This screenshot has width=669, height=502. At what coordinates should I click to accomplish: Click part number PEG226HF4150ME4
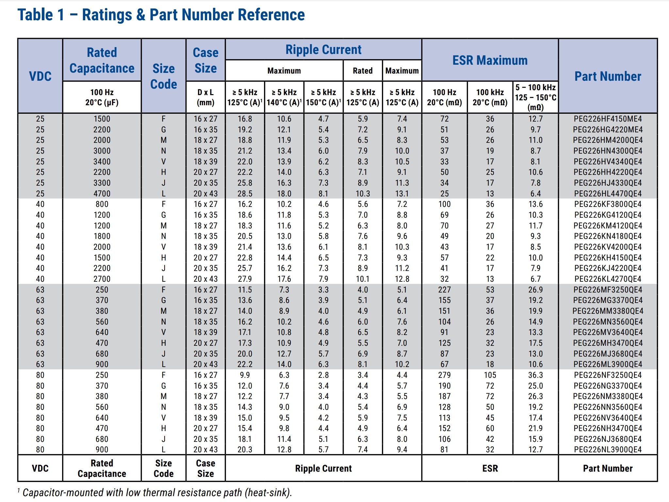click(x=608, y=119)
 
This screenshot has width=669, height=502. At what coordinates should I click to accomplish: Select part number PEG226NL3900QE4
click(x=608, y=450)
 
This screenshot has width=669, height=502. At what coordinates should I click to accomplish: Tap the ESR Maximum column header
click(x=490, y=60)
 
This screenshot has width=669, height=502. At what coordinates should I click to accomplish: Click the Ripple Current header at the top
click(x=323, y=50)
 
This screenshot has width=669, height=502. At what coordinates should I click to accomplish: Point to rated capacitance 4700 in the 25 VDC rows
click(x=102, y=194)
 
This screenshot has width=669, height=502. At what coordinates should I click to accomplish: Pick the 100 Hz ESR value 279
click(x=444, y=375)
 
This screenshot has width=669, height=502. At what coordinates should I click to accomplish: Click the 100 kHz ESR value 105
click(x=490, y=375)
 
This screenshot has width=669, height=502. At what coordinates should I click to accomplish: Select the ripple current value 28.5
click(x=245, y=194)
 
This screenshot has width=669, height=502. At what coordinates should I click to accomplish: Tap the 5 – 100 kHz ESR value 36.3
click(x=536, y=375)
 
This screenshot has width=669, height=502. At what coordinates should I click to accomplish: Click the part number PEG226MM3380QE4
click(x=608, y=311)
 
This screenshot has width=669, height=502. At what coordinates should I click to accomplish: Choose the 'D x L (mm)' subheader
click(x=205, y=97)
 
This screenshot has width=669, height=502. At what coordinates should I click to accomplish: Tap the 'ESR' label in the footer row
click(x=490, y=469)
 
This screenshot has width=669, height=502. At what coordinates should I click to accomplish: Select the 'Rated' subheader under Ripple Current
click(x=363, y=71)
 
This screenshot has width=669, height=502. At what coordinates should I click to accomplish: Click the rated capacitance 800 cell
click(x=102, y=204)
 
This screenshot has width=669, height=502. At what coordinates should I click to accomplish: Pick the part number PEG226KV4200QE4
click(x=608, y=247)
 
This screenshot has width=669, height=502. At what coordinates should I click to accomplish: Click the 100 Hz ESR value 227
click(x=444, y=290)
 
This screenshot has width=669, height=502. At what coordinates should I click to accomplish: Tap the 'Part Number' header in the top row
click(x=608, y=76)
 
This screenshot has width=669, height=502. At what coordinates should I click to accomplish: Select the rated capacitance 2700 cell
click(x=102, y=279)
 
